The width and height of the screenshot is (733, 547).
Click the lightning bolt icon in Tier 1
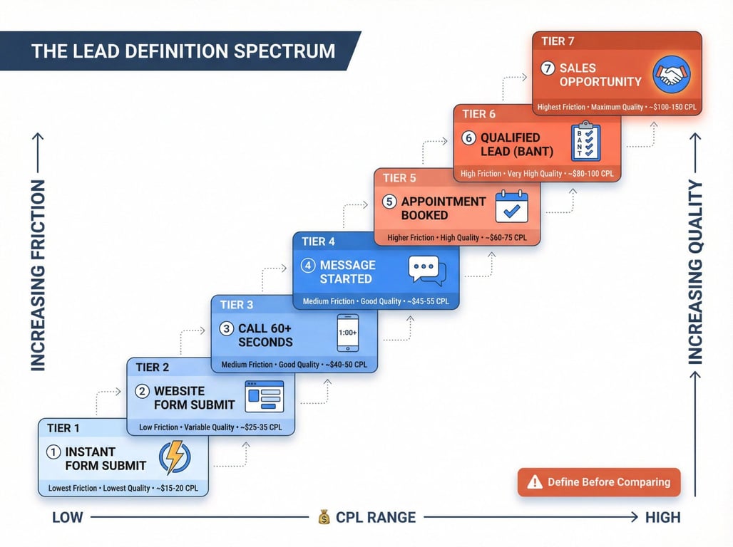(x=175, y=457)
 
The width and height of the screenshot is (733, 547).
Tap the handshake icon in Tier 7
(x=672, y=74)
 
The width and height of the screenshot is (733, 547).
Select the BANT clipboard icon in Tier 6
(x=585, y=141)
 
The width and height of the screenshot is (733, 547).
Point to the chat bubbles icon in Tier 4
(x=427, y=271)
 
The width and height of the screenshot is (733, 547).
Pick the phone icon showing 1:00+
(x=348, y=333)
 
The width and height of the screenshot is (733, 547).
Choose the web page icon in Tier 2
(x=264, y=397)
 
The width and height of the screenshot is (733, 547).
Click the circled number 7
(x=548, y=68)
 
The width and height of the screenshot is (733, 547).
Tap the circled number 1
(x=53, y=452)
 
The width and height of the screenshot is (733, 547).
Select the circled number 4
(x=307, y=266)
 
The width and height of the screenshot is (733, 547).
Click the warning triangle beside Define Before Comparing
(x=535, y=481)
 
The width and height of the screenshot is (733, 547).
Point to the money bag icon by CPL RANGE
(x=324, y=516)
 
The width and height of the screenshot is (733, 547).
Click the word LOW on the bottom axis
(x=67, y=517)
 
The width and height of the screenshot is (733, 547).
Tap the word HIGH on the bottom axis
(x=663, y=517)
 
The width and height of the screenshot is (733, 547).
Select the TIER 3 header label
(x=237, y=305)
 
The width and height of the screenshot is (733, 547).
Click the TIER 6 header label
(x=478, y=114)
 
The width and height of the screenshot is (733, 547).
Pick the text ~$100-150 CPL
(x=672, y=107)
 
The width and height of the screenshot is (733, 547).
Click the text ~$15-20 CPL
(x=177, y=488)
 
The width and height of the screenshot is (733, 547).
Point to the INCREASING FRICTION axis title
(x=38, y=276)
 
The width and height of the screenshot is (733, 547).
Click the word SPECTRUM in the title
(x=285, y=51)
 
